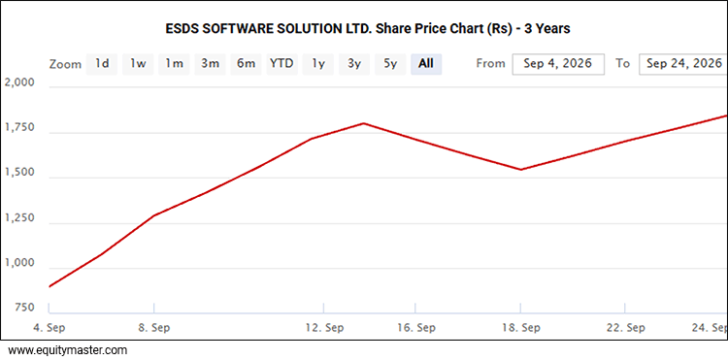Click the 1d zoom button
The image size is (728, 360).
(102, 64)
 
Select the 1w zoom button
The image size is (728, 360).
(138, 64)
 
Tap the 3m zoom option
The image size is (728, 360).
(210, 64)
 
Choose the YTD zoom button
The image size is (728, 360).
(281, 64)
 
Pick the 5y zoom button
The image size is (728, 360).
(390, 64)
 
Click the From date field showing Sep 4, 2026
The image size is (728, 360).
(558, 64)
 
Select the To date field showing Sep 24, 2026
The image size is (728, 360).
(683, 64)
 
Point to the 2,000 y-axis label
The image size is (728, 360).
(19, 82)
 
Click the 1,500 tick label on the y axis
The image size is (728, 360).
(19, 173)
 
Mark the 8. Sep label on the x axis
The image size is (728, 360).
(154, 328)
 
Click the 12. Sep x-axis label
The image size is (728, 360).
(324, 328)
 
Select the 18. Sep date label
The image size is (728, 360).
(521, 328)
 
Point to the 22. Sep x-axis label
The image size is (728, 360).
(626, 328)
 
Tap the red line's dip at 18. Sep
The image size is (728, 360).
(521, 170)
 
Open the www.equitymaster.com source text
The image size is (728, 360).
(68, 350)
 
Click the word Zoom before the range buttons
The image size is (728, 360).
(65, 64)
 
